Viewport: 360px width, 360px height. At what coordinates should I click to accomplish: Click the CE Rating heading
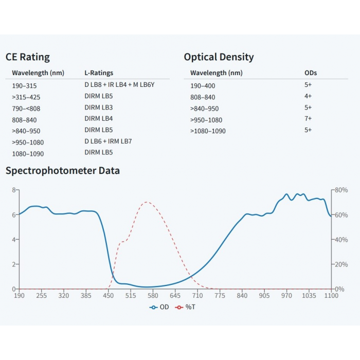pos(28,57)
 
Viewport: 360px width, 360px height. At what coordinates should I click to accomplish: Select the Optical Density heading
pos(219,57)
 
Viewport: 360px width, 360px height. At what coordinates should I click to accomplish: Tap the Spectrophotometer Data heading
pos(63,171)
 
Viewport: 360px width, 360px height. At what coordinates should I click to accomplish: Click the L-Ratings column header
pos(99,73)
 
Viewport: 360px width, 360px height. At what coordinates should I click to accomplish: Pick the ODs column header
pos(311,73)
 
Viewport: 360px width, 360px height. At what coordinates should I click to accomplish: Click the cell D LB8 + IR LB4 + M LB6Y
pos(119,84)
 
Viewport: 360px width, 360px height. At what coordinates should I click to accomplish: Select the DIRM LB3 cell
pos(99,107)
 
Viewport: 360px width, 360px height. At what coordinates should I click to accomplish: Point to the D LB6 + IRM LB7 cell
pos(109,141)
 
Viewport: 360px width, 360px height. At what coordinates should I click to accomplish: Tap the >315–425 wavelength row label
pos(26,97)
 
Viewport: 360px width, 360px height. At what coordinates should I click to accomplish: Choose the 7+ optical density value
pos(308,119)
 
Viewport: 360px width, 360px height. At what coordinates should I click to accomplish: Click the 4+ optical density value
pos(308,96)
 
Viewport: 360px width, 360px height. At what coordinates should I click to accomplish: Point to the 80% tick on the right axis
pos(341,190)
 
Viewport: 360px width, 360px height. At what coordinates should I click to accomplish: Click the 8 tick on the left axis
pos(14,190)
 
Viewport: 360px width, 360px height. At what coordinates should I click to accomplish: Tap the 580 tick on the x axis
pos(153,296)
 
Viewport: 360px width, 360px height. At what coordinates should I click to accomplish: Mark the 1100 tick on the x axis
pos(331,296)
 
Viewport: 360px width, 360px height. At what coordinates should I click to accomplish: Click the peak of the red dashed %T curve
pos(147,202)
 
